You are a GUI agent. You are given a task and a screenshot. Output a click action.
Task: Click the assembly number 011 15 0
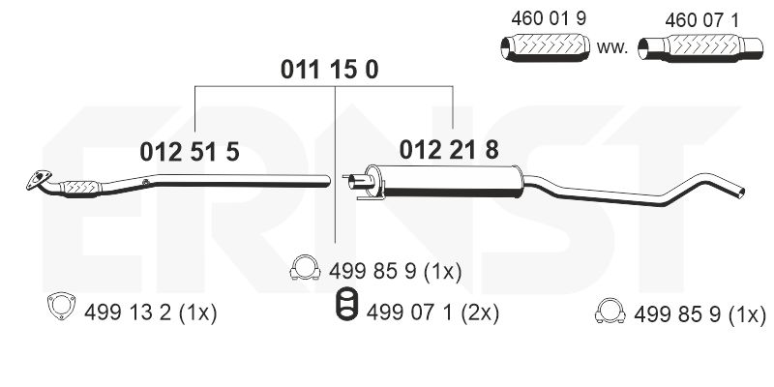point(329,69)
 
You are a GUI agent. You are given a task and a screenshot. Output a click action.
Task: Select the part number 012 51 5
point(190,151)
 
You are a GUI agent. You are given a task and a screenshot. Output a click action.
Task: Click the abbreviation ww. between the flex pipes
point(613,45)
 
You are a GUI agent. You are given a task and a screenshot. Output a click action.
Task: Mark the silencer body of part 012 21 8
point(450,179)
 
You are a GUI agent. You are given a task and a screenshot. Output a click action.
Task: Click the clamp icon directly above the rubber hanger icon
point(306,270)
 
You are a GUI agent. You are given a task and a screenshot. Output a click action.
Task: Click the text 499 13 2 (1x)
point(150,312)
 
